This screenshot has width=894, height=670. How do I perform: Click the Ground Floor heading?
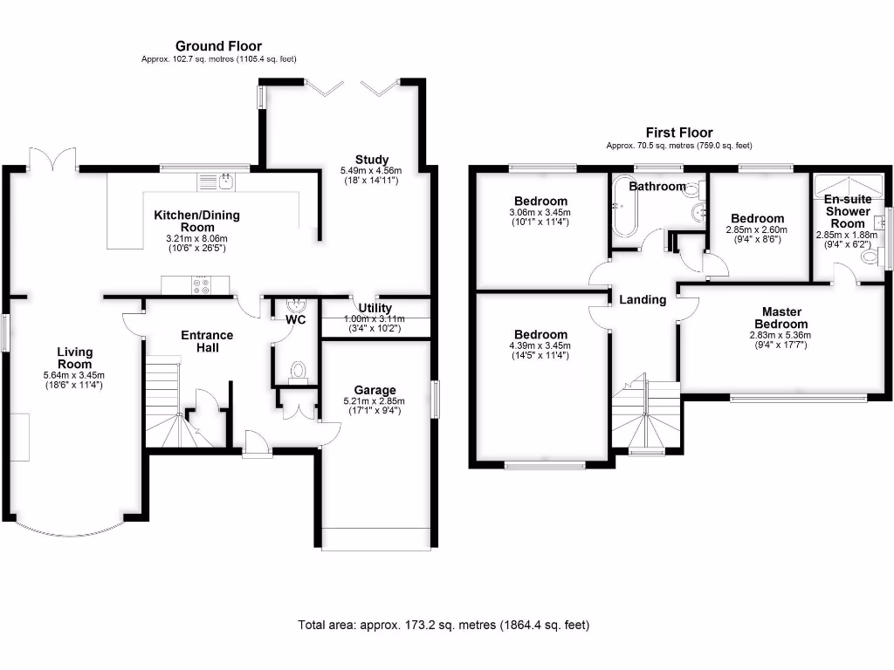coord(218,46)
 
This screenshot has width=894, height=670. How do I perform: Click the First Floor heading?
coord(679,133)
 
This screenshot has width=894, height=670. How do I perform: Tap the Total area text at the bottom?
coord(444,625)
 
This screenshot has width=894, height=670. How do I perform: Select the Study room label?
coord(371,159)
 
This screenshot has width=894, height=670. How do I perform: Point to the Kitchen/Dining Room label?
coord(196,222)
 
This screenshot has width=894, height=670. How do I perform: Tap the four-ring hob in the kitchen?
coord(202,284)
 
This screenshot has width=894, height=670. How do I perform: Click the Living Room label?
coord(75,358)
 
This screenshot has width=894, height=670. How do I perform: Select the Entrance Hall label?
coord(207,341)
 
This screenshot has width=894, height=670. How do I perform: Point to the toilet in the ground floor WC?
coord(299,371)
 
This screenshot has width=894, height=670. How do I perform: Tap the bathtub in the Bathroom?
coord(623,208)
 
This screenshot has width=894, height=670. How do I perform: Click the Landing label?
coord(643,299)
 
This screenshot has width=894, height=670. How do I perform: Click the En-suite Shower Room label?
coord(847,211)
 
